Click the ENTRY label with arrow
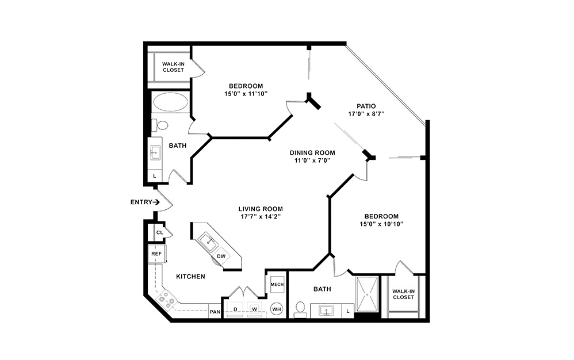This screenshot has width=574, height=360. (x=145, y=202)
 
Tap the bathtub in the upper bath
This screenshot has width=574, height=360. (x=170, y=103)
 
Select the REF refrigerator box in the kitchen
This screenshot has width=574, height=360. (x=156, y=254)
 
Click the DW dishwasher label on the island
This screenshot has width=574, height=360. (x=221, y=256)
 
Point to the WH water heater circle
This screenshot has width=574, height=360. (x=277, y=309)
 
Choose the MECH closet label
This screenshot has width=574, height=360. (x=277, y=285)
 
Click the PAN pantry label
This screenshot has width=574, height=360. (x=215, y=312)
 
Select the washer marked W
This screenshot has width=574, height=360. (x=255, y=309)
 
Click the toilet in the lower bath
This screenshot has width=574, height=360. (x=299, y=309)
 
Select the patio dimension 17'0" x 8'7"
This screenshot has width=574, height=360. (x=366, y=114)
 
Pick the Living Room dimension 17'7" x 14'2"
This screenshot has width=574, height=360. (x=261, y=217)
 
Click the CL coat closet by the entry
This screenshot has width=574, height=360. (x=159, y=232)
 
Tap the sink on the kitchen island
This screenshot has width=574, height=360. (x=206, y=240)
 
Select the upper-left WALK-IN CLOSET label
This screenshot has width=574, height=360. (x=173, y=67)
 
